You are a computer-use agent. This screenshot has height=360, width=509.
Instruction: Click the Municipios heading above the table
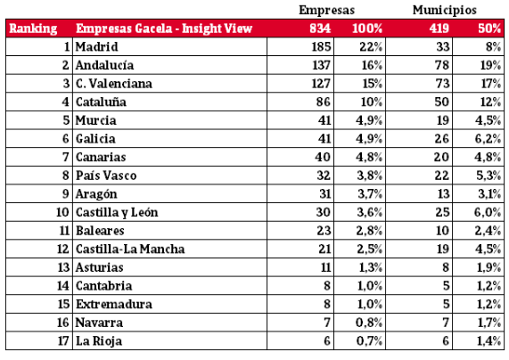pos(445,11)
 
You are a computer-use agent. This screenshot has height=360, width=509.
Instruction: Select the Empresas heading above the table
pos(326,11)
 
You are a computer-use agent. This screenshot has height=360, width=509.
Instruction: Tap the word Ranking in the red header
pos(33,29)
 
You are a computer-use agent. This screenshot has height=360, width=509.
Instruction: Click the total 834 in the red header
pos(320,29)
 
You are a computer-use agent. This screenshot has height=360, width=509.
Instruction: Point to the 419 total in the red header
pos(439,29)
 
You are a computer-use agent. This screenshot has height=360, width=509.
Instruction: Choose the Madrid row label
pos(97,46)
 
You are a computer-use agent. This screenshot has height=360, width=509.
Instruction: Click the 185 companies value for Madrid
pos(321,46)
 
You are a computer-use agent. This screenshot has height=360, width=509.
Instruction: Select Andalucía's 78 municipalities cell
pos(442,65)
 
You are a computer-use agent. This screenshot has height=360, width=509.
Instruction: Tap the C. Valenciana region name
pos(113,84)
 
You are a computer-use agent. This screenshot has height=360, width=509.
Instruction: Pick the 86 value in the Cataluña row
pos(324,102)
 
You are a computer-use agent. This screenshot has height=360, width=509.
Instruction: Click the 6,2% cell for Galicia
pos(488,139)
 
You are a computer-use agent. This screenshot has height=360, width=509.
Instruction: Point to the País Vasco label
pos(106,176)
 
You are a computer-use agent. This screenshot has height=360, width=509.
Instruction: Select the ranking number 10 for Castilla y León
pos(62,212)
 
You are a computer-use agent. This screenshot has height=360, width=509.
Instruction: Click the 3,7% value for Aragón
pos(370,194)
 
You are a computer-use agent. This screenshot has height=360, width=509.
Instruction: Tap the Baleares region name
pos(100,231)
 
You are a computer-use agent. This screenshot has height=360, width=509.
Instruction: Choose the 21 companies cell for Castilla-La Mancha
pos(324,250)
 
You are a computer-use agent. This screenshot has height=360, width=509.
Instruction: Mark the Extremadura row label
pos(113,305)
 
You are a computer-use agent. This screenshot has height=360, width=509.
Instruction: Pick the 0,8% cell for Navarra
pos(369,323)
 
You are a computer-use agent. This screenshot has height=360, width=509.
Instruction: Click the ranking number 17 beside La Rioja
pos(63,341)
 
